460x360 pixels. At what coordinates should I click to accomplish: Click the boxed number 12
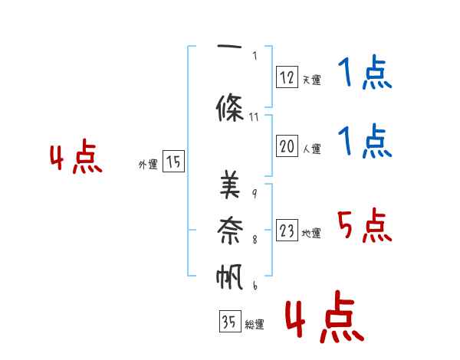(x=287, y=77)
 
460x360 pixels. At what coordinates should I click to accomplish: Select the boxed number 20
(x=287, y=146)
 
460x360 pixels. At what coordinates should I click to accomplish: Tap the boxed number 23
(x=287, y=230)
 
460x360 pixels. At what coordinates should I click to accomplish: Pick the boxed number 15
(x=173, y=162)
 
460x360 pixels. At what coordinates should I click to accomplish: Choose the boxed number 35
(x=230, y=321)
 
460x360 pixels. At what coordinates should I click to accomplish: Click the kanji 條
(x=230, y=107)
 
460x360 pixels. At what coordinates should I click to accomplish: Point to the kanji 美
(x=230, y=185)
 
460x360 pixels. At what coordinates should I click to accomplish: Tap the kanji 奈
(x=230, y=230)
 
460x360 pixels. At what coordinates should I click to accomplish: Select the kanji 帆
(x=229, y=277)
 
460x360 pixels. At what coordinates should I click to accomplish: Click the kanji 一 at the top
(x=229, y=46)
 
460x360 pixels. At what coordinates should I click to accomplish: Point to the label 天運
(x=312, y=80)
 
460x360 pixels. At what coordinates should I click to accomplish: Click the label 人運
(x=312, y=149)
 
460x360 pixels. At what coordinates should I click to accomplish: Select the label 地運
(x=311, y=233)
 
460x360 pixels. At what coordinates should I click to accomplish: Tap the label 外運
(x=148, y=164)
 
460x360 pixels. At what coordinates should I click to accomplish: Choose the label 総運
(x=255, y=324)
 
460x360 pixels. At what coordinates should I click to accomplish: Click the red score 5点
(x=365, y=225)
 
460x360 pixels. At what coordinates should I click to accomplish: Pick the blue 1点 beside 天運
(x=365, y=72)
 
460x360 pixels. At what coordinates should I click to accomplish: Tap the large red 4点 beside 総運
(x=324, y=316)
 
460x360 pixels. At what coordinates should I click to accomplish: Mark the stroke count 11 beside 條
(x=254, y=117)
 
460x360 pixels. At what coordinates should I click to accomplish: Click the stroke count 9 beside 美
(x=255, y=193)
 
